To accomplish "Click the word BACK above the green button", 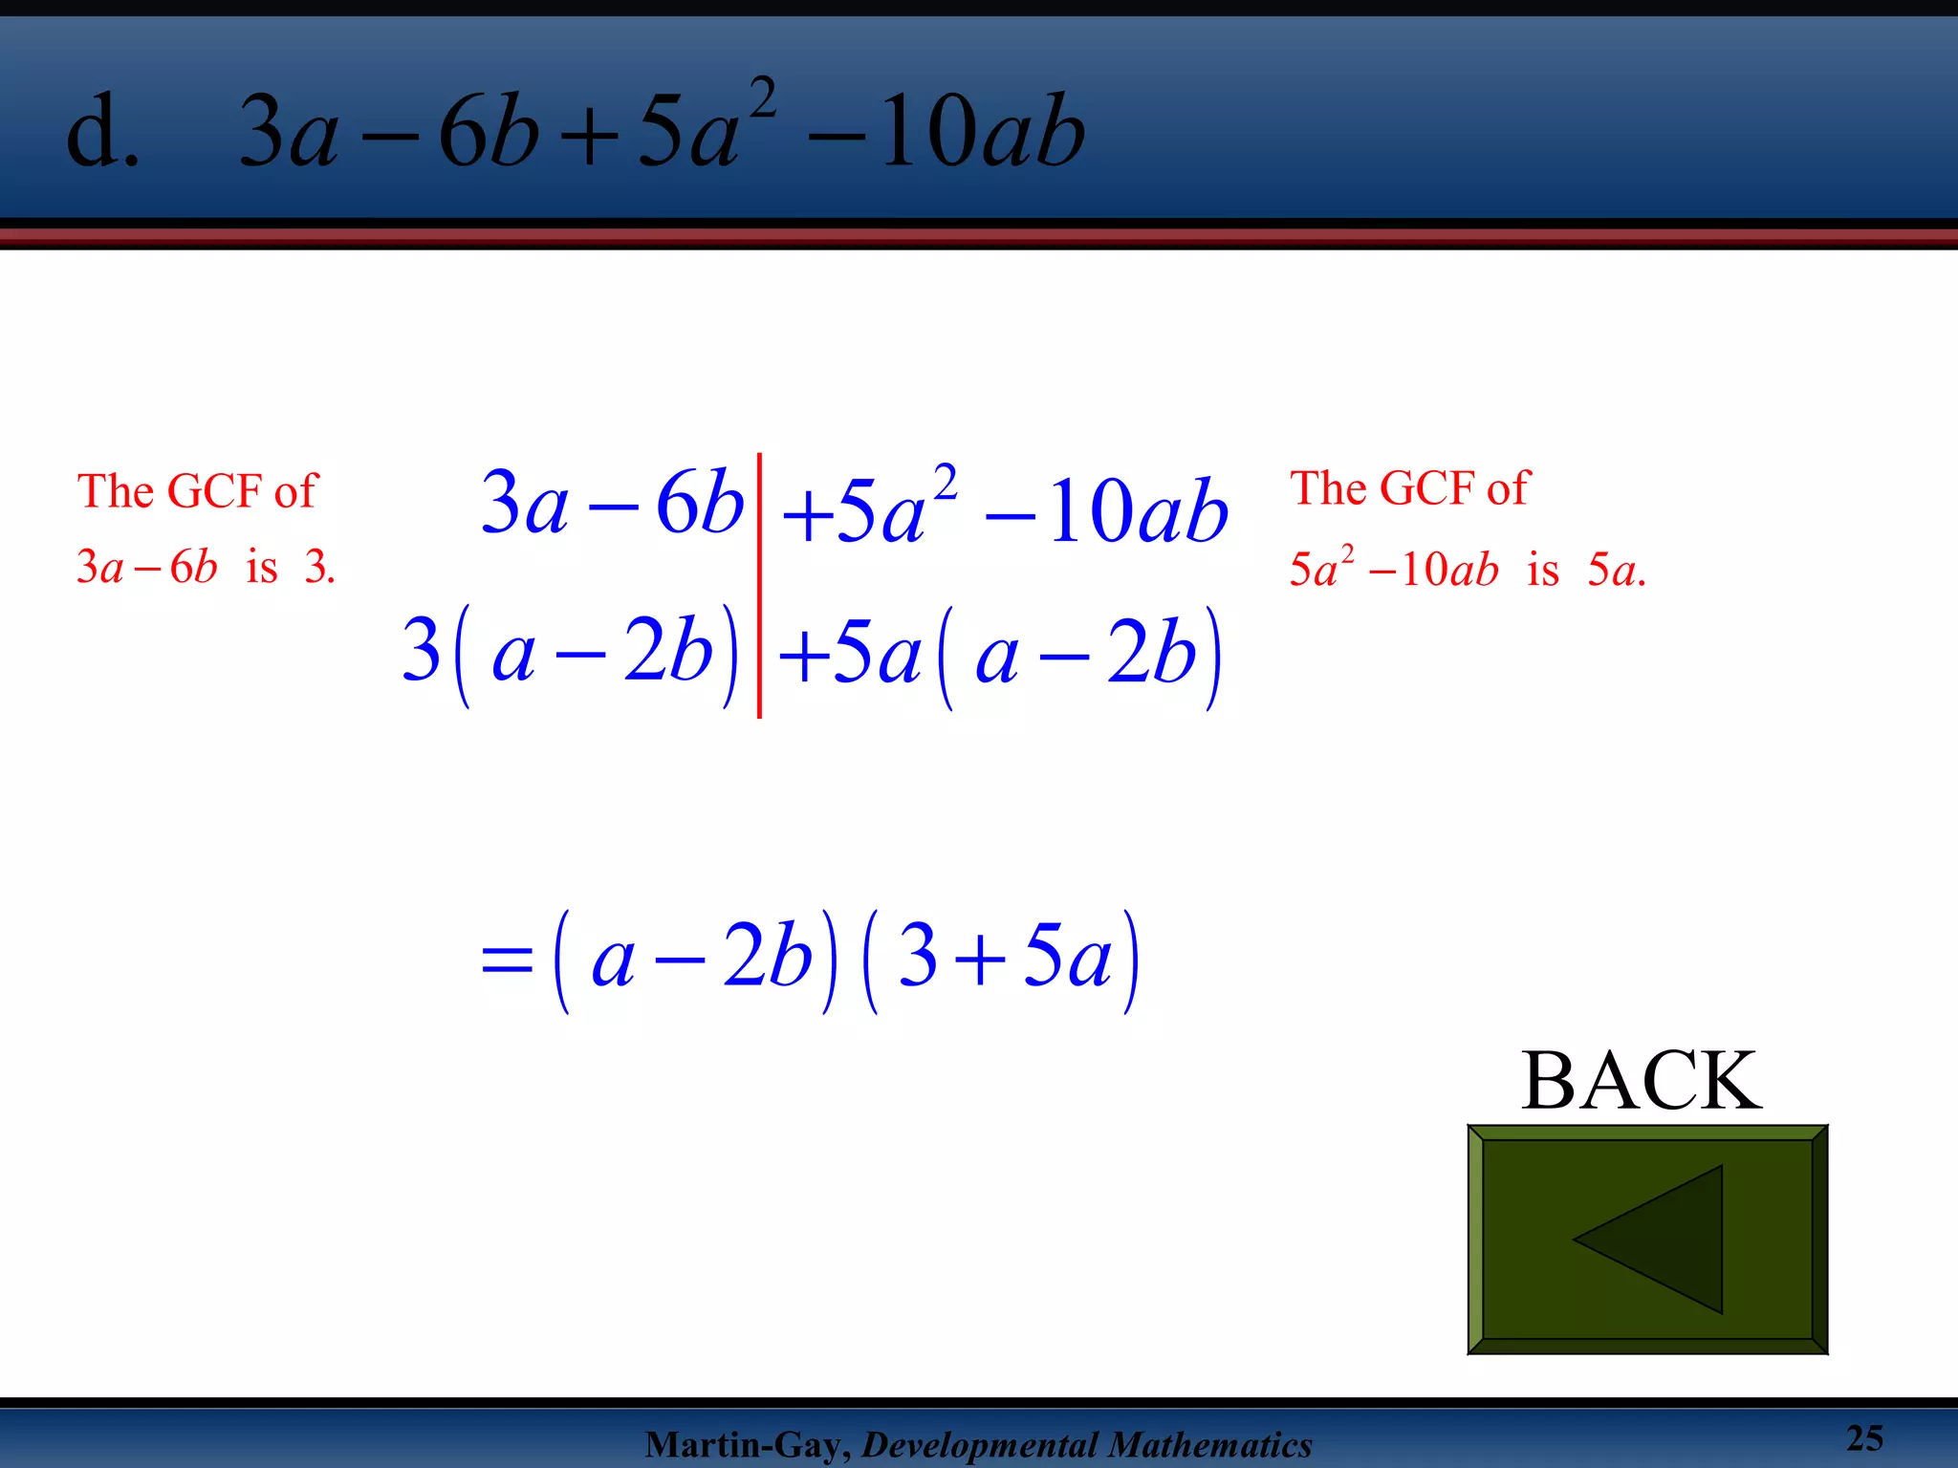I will tap(1642, 1081).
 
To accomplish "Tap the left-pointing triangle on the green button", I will tap(1664, 1239).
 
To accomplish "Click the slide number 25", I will tap(1864, 1438).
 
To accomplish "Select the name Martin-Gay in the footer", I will tap(747, 1445).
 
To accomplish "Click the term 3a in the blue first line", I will tap(524, 504).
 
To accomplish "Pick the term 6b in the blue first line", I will tap(699, 504).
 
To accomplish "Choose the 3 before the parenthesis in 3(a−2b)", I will tap(421, 650).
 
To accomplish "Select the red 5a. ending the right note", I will tap(1616, 571).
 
